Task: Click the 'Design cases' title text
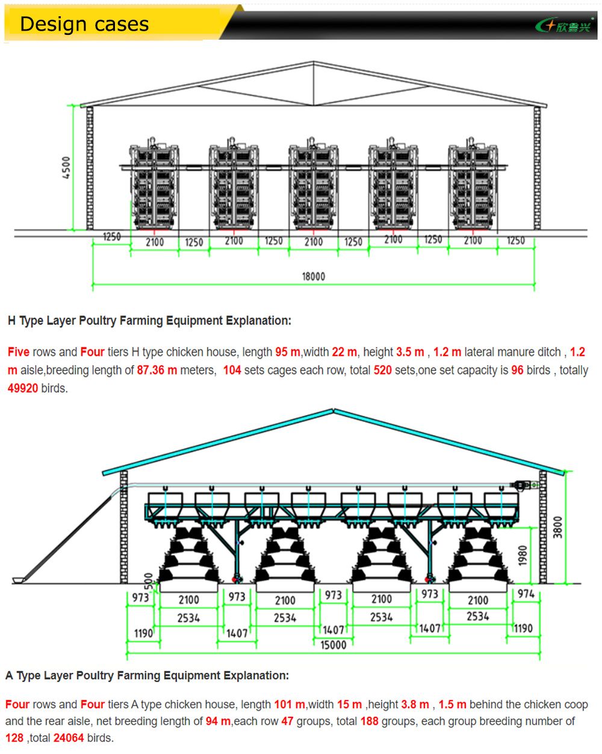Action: pos(84,24)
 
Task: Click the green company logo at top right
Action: pos(564,25)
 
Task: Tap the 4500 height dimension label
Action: pos(66,167)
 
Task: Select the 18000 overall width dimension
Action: pos(313,277)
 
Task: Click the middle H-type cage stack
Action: pos(313,186)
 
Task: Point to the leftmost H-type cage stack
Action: pos(155,186)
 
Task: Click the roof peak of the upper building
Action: pos(313,63)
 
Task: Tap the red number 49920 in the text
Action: pos(22,388)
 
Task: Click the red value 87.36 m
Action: pos(157,370)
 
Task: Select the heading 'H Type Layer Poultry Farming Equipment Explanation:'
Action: pos(149,320)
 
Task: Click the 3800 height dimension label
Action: pos(557,527)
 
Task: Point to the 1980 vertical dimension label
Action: pos(523,555)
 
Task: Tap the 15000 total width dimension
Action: pos(333,645)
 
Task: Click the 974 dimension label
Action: pos(526,594)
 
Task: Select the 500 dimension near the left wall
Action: pos(148,581)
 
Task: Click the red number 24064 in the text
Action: pos(68,738)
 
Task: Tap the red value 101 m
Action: pos(290,704)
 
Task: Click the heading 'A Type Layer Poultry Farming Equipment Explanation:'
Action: pos(147,675)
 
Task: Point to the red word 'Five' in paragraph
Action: pos(19,352)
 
